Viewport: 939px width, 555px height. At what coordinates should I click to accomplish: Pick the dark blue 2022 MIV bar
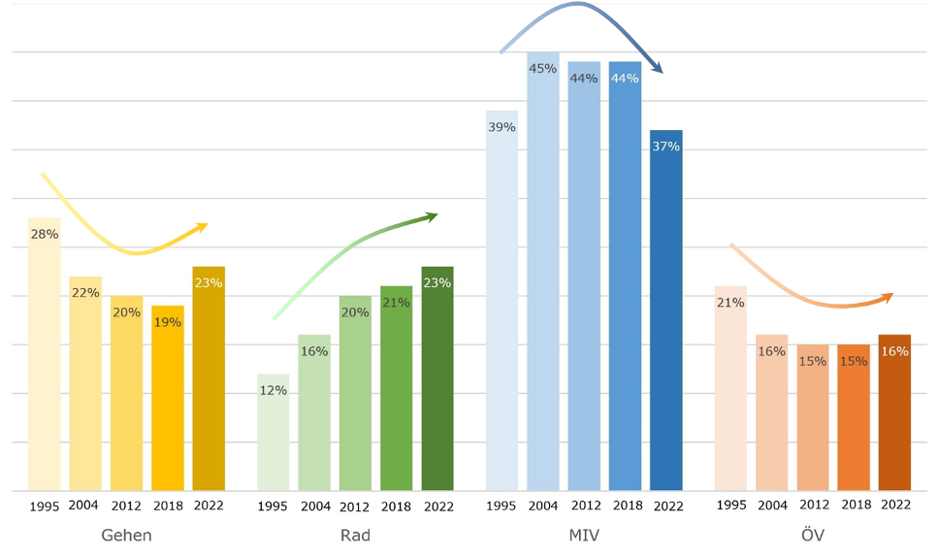[x=666, y=310]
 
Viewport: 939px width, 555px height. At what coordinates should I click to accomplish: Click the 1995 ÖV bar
[x=730, y=388]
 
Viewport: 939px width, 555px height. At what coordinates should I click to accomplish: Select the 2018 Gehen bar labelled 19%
[x=168, y=398]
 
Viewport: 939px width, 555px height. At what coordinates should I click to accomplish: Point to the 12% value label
[x=274, y=390]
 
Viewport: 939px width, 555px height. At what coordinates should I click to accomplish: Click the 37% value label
[x=666, y=147]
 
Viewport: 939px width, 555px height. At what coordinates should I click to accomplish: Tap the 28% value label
[x=45, y=234]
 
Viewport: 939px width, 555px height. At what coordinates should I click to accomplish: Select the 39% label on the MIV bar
[x=502, y=127]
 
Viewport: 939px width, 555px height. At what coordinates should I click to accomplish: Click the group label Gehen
[x=126, y=535]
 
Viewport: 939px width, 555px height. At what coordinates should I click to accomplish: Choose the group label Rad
[x=355, y=535]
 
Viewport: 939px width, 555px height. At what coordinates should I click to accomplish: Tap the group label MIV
[x=583, y=535]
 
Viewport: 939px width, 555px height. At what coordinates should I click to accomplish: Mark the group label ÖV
[x=813, y=535]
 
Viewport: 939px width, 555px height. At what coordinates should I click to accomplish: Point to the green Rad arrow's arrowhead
[x=433, y=215]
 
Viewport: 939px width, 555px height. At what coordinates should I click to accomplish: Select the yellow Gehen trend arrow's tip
[x=203, y=226]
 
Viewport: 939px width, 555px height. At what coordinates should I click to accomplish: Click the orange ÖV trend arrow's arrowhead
[x=889, y=295]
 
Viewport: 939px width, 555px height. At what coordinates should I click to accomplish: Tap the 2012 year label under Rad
[x=355, y=506]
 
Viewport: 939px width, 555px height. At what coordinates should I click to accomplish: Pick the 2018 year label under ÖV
[x=856, y=506]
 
